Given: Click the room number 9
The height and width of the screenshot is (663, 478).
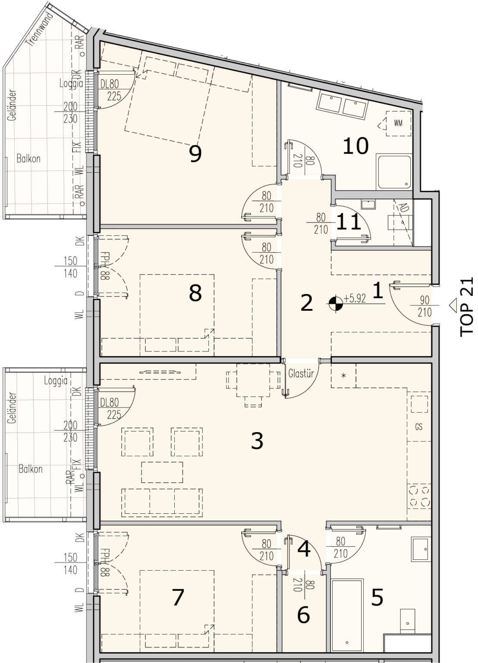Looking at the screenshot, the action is click(x=195, y=154).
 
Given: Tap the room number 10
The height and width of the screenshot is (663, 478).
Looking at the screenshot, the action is click(x=355, y=145).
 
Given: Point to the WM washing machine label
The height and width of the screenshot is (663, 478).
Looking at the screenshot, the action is click(x=398, y=123).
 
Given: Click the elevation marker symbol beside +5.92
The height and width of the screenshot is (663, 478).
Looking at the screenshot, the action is click(x=336, y=304).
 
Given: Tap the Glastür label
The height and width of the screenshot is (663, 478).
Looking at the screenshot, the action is click(x=301, y=374).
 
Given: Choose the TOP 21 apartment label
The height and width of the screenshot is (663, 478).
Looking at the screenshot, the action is click(x=467, y=307).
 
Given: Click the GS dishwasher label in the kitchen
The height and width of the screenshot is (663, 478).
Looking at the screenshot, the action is click(x=418, y=427).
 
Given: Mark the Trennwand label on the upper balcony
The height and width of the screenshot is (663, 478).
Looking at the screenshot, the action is click(x=40, y=29).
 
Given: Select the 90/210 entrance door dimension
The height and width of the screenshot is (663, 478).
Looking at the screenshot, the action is click(x=425, y=306).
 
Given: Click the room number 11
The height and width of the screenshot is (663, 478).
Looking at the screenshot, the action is click(x=349, y=222).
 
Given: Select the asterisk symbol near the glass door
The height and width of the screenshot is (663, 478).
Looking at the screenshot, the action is click(x=343, y=376).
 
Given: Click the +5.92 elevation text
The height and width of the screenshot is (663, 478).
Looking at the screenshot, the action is click(x=355, y=299).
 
